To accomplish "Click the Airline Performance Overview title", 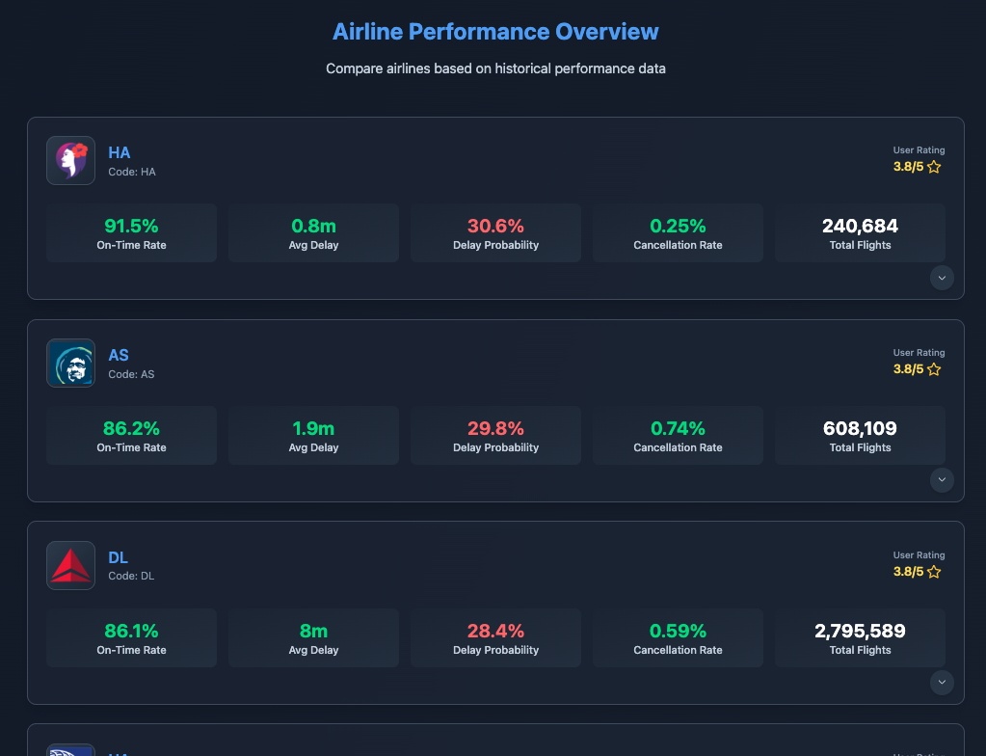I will click(x=495, y=32).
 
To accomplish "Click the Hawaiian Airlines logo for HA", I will click(x=70, y=160).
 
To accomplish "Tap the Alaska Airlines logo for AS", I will click(x=70, y=363).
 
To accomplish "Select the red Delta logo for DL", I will click(x=70, y=565).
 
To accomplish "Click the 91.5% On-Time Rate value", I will click(x=131, y=227).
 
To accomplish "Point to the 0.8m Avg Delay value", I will click(x=313, y=227).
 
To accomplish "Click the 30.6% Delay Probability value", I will click(x=495, y=227).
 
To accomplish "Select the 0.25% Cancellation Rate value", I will click(x=678, y=227).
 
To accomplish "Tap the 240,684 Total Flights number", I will click(x=860, y=227).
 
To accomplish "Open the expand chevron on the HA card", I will click(x=943, y=278).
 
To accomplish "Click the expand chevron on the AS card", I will click(x=943, y=480).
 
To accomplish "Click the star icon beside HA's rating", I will click(x=934, y=167).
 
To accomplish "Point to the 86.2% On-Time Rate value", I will click(x=131, y=429).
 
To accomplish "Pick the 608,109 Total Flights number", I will click(x=860, y=429).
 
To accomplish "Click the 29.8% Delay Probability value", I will click(x=495, y=429).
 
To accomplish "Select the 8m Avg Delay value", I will click(x=313, y=632).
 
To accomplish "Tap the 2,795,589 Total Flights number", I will click(x=860, y=632).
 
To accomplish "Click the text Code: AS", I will click(x=131, y=374).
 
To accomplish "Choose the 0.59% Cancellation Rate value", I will click(x=678, y=632).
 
